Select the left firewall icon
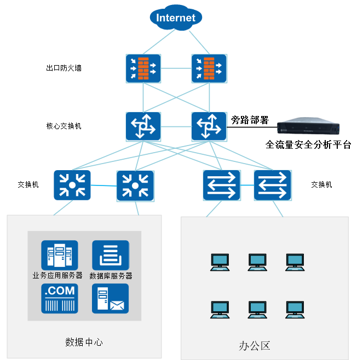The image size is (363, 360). [x=143, y=68]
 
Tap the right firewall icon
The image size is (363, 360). [x=208, y=68]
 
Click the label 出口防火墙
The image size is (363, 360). [x=64, y=69]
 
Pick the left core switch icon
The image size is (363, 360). [x=143, y=126]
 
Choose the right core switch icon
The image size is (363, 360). [x=208, y=126]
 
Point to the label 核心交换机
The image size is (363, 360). [x=64, y=126]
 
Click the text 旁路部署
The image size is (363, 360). [x=250, y=120]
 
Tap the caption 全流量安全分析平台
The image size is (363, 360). [x=308, y=145]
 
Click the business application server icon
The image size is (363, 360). [x=60, y=255]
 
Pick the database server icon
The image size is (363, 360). [x=111, y=255]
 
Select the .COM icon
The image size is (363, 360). [x=60, y=298]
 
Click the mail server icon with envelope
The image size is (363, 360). [x=111, y=298]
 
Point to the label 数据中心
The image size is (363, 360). [x=84, y=342]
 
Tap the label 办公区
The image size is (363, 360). [x=255, y=346]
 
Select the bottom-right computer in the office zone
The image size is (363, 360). [x=295, y=310]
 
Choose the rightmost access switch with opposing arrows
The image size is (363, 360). [x=273, y=185]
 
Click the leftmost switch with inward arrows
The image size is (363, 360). [x=72, y=185]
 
